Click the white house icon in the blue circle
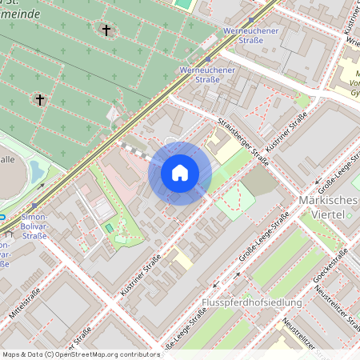point(180,173)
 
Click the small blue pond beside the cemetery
point(37,170)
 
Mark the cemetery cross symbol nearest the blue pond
point(39,100)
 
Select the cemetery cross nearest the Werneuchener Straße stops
point(106,30)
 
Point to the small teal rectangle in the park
point(109,229)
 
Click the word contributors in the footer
point(137,354)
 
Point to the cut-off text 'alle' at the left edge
point(7,160)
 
